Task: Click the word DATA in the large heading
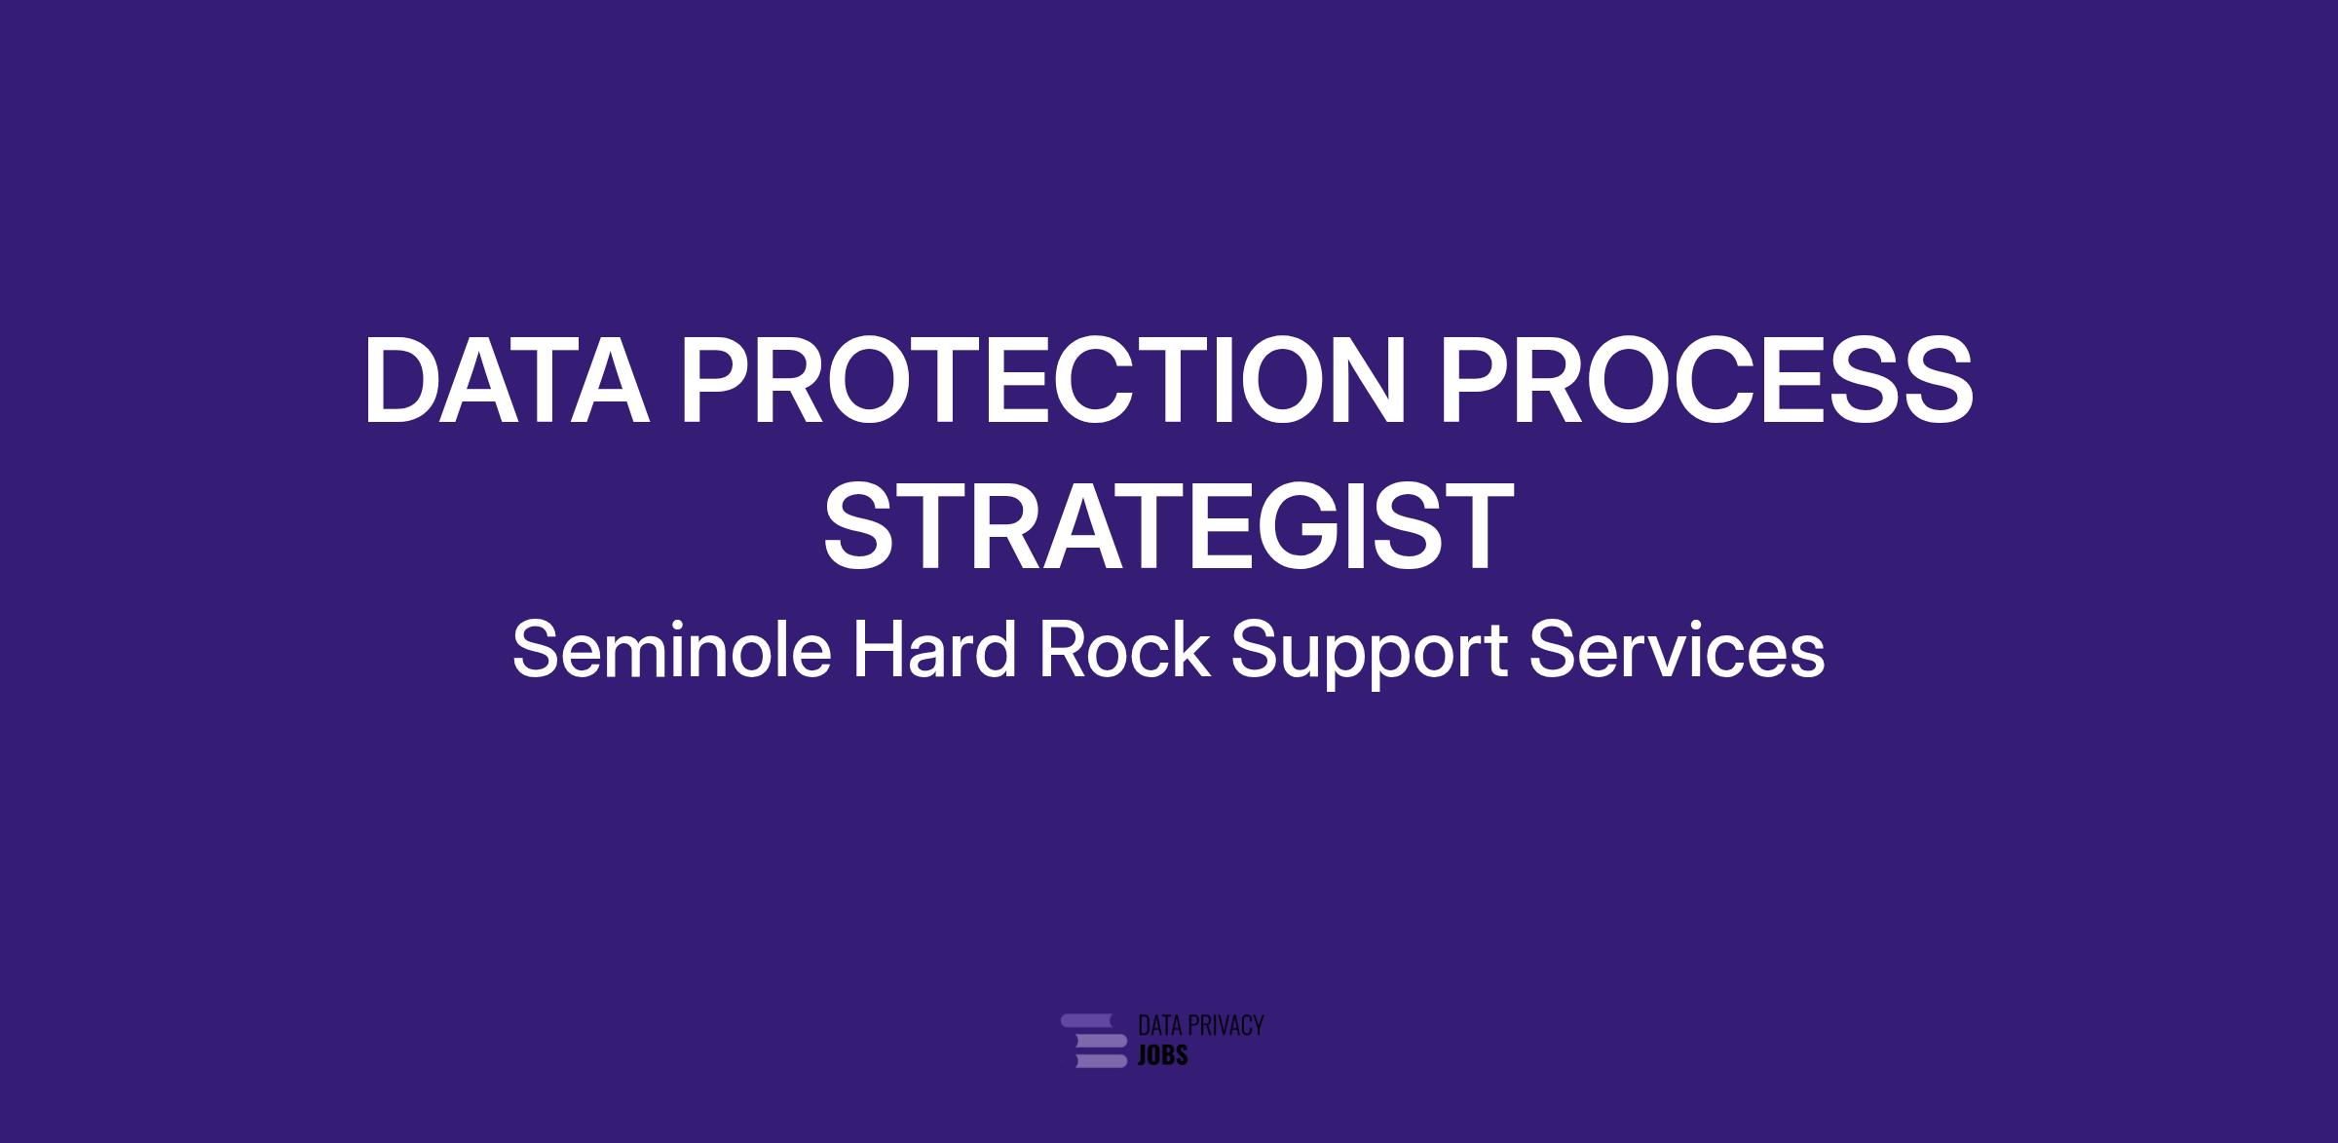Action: click(x=507, y=380)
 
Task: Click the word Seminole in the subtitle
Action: click(x=672, y=651)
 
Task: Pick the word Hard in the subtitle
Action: click(x=934, y=651)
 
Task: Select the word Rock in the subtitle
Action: click(x=1124, y=651)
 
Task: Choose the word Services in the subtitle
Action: click(x=1677, y=651)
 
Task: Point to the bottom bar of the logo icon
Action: click(x=1101, y=1060)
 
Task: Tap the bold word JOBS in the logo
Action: click(x=1163, y=1055)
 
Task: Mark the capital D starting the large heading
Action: click(x=402, y=380)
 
